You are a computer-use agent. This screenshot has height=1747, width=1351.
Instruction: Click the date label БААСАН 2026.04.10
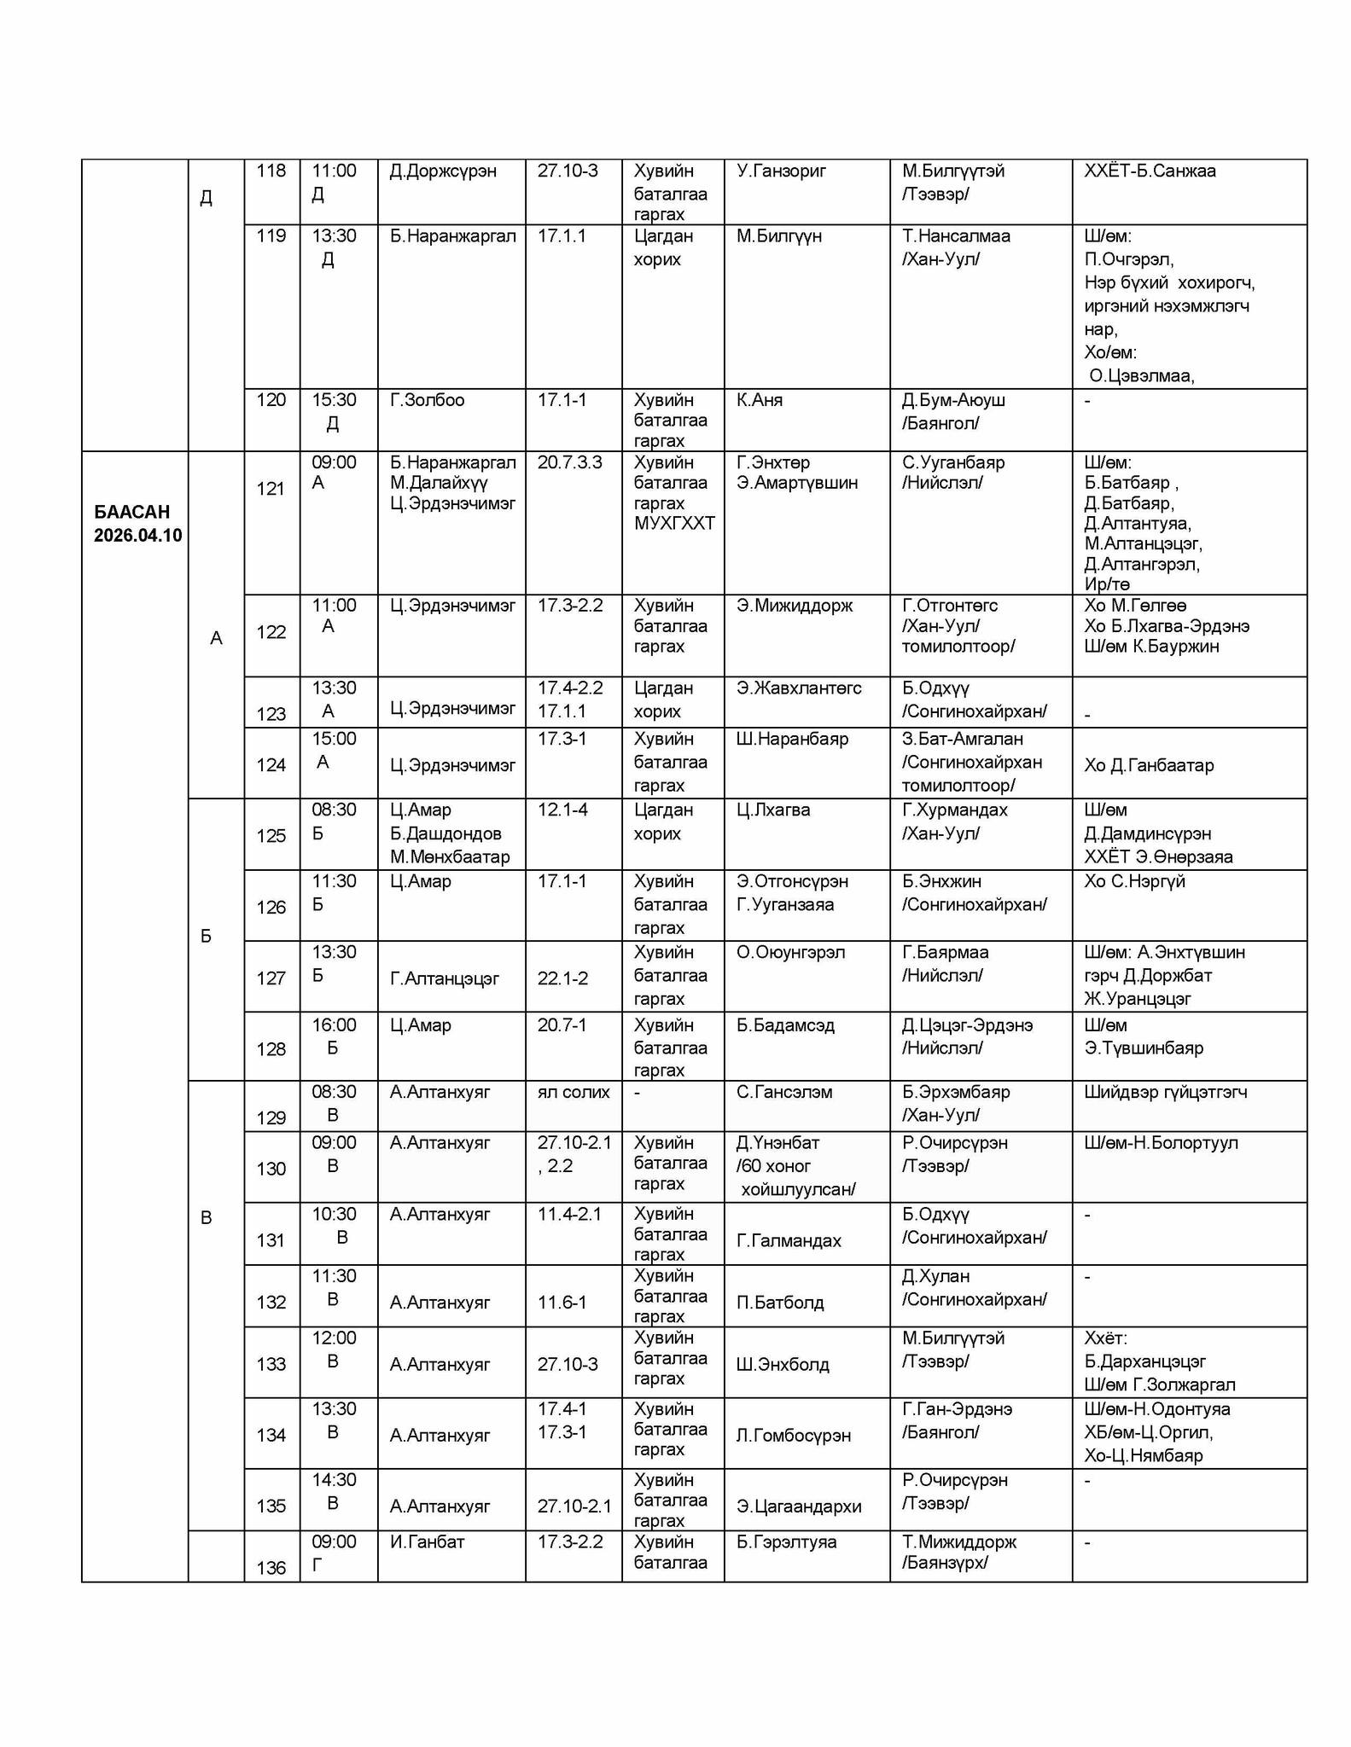pyautogui.click(x=137, y=523)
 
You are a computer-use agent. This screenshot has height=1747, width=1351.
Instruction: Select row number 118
pyautogui.click(x=271, y=171)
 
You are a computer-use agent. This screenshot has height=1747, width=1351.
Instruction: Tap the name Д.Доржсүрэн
pyautogui.click(x=443, y=171)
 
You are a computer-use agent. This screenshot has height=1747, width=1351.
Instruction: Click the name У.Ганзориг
pyautogui.click(x=781, y=171)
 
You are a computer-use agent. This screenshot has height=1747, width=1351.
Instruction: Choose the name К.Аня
pyautogui.click(x=759, y=400)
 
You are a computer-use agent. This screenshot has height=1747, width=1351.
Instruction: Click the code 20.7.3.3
pyautogui.click(x=569, y=462)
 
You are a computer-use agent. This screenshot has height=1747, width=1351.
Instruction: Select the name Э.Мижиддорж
pyautogui.click(x=795, y=606)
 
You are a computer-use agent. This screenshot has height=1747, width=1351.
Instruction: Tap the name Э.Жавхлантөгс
pyautogui.click(x=799, y=688)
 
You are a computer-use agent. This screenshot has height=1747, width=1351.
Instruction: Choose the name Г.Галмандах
pyautogui.click(x=789, y=1240)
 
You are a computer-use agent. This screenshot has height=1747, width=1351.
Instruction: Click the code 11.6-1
pyautogui.click(x=562, y=1303)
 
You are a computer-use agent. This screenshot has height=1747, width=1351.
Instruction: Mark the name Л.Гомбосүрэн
pyautogui.click(x=793, y=1436)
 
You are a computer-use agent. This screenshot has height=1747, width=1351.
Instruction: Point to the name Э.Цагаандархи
pyautogui.click(x=799, y=1506)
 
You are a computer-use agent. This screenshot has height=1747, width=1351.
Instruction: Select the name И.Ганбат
pyautogui.click(x=427, y=1542)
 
